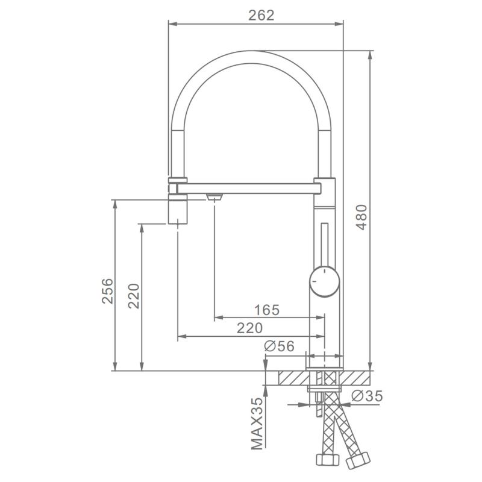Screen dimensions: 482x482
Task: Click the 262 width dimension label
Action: pyautogui.click(x=261, y=16)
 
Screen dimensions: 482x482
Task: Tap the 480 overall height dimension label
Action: pyautogui.click(x=361, y=218)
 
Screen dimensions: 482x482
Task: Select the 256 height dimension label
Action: pyautogui.click(x=108, y=291)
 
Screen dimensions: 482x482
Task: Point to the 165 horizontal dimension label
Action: pyautogui.click(x=267, y=310)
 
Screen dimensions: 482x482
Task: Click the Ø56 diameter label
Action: pyautogui.click(x=279, y=346)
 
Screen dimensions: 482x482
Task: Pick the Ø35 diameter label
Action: pyautogui.click(x=367, y=396)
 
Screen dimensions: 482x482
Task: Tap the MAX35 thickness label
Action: pyautogui.click(x=257, y=424)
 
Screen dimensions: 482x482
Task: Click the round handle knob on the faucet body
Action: pyautogui.click(x=324, y=281)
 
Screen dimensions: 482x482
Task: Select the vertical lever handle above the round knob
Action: pyautogui.click(x=324, y=245)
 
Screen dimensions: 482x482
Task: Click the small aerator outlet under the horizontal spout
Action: pyautogui.click(x=214, y=197)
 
